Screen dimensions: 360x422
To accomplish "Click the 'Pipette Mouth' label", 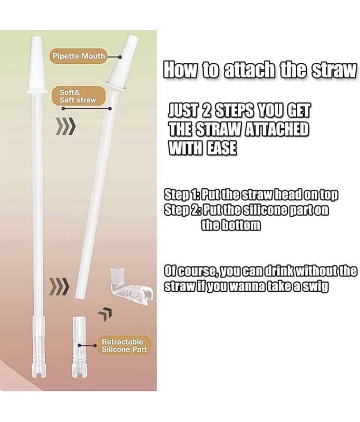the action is pos(78,56).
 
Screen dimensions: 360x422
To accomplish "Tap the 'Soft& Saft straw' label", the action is pos(78,96).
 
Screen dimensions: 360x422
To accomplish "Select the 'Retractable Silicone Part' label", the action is pos(124,346).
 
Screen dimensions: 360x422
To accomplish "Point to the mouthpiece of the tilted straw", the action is pos(124,62).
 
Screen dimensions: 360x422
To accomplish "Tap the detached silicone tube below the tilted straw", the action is pos(79,347).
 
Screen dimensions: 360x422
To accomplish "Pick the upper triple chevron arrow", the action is pos(65,126).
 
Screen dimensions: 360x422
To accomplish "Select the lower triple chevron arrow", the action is pos(60,287).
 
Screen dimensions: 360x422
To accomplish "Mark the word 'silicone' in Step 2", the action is pos(264,209).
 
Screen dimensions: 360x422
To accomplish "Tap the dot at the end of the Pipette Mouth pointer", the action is pos(121,57).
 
